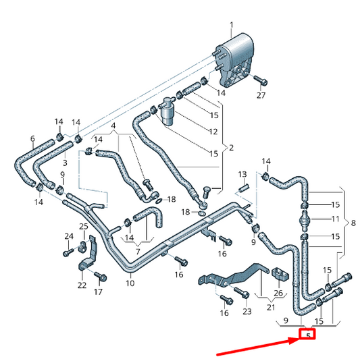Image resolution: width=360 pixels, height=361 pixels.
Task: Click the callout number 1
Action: tap(232, 25)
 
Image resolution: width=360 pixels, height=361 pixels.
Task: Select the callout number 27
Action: tap(261, 95)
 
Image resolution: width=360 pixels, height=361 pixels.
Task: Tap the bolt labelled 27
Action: tap(261, 80)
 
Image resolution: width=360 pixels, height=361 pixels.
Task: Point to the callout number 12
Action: tap(213, 132)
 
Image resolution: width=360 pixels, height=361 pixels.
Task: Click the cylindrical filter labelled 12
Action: tap(167, 111)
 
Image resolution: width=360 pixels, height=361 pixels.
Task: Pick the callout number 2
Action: tap(231, 148)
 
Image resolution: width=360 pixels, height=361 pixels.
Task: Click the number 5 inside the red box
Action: tap(309, 336)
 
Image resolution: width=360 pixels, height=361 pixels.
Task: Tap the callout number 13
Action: tap(242, 174)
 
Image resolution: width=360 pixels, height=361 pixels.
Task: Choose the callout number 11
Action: tap(335, 219)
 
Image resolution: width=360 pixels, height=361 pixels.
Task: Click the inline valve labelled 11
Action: tap(305, 220)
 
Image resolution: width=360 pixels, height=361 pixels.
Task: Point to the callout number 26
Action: tap(278, 293)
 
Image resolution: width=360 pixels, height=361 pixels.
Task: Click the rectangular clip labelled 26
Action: tap(280, 274)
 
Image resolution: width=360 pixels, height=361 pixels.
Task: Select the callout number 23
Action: tap(247, 312)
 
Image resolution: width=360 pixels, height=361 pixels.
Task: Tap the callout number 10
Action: tap(130, 283)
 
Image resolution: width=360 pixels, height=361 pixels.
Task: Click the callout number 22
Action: tap(82, 285)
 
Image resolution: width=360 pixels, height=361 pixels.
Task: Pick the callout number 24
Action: tap(69, 236)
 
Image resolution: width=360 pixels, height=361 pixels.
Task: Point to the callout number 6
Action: tap(32, 138)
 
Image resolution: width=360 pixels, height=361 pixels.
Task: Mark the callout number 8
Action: tap(353, 223)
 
